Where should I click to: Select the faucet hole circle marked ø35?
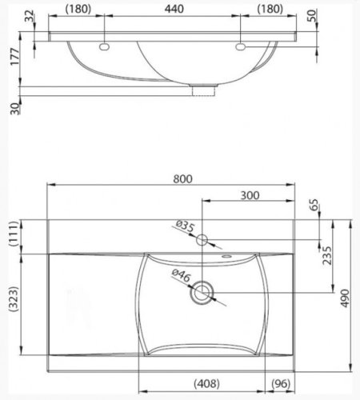[x=202, y=239]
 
